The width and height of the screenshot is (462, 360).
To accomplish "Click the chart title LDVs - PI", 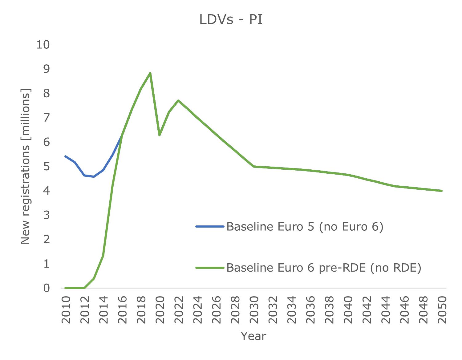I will coord(231,20).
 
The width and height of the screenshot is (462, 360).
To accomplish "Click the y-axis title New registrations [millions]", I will coord(26,167).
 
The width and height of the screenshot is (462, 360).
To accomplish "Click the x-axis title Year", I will coord(253,336).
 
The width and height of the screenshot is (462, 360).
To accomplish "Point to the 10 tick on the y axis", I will coord(43,45).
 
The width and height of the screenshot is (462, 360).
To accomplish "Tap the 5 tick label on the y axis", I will coord(47,167).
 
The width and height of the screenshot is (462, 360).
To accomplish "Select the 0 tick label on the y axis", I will coord(47,288).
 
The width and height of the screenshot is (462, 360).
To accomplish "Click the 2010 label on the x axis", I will coord(66,310).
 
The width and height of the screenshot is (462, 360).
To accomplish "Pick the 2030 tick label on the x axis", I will coord(254,310).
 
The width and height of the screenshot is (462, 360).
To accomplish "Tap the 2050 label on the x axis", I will coord(442,310).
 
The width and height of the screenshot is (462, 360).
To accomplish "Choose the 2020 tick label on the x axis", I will coord(160,310).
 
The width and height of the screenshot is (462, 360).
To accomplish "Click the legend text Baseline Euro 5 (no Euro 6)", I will coord(305,227).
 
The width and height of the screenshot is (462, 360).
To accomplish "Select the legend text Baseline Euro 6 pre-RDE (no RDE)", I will coord(324,268).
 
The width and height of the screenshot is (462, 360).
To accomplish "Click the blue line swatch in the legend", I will coord(210,227).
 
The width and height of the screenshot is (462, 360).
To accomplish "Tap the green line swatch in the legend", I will coord(210,268).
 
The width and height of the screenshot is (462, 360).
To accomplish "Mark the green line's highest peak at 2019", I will coord(150,73).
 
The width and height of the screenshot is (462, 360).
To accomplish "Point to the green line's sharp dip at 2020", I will coord(159,135).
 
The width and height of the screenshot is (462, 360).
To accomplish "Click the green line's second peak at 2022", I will coord(178,100).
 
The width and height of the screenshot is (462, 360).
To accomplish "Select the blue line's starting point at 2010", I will coord(65,156).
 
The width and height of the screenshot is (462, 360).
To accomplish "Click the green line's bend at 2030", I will coord(253,166).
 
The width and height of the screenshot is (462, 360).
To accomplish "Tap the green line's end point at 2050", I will coord(442,191).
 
